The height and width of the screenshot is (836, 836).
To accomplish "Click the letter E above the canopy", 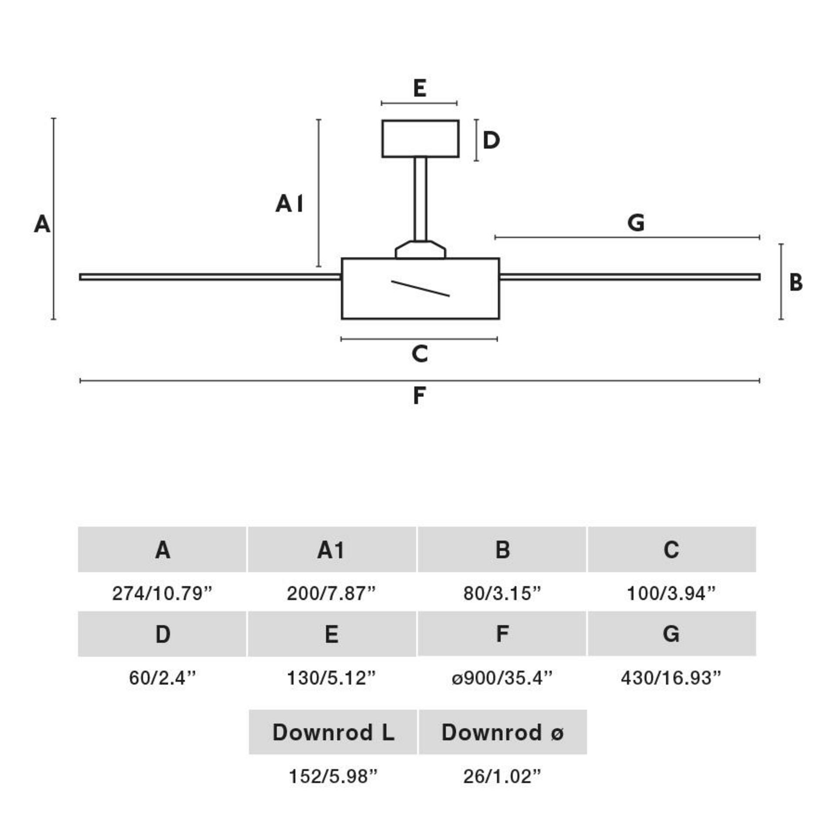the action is (x=419, y=88).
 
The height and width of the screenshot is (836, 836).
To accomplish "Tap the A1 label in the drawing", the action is (x=289, y=203).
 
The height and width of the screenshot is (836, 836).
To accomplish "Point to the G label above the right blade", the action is (x=636, y=223).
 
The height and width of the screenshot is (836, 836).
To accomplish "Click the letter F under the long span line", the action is (x=419, y=396).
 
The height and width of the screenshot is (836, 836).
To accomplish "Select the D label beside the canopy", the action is (x=491, y=140).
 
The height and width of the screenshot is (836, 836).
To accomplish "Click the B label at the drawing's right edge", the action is (x=796, y=282).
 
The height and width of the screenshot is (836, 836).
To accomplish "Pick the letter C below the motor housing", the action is (x=420, y=354).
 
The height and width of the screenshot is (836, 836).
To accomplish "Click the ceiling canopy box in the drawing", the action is (x=420, y=138).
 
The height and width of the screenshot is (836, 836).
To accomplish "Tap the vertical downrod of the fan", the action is (x=420, y=199).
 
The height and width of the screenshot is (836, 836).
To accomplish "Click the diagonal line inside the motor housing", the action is (x=420, y=289).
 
